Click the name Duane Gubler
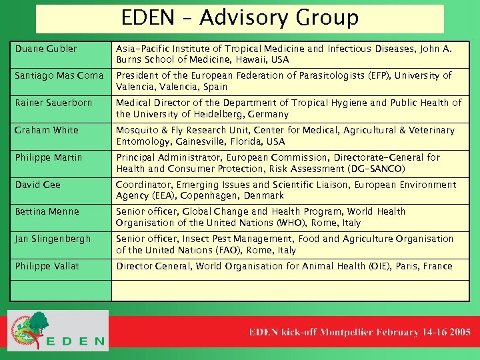(46, 49)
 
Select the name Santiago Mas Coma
(59, 76)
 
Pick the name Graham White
(47, 130)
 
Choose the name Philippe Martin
(49, 157)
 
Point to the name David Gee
(38, 185)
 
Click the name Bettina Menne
(47, 211)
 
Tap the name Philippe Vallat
(47, 266)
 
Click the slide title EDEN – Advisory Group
(240, 18)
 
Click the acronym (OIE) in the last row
(377, 266)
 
